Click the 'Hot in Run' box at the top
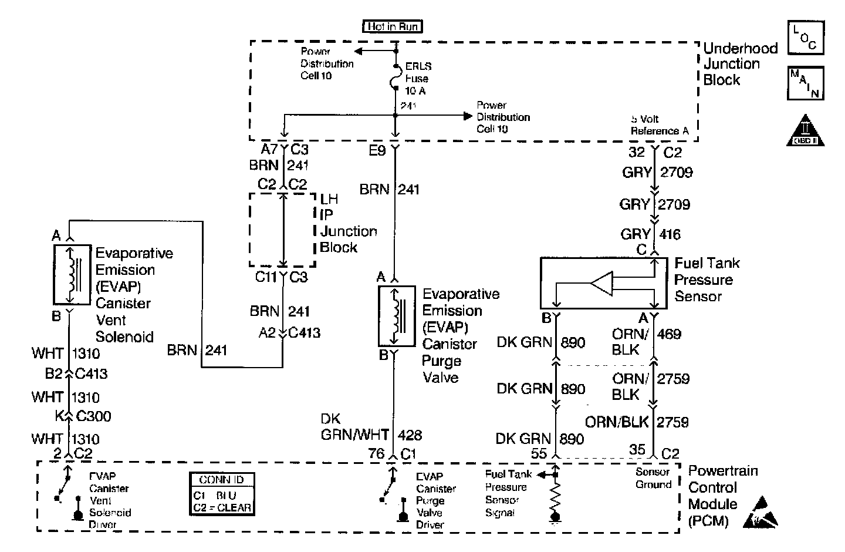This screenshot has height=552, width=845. [x=393, y=26]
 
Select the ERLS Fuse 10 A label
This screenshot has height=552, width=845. [x=417, y=79]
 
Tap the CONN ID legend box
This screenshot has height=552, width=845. [x=221, y=494]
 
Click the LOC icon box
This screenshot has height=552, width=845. [x=806, y=38]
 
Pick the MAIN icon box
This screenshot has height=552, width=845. [x=805, y=83]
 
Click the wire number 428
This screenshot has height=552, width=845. [x=410, y=435]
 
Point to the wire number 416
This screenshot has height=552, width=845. [x=670, y=234]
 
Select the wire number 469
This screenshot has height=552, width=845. [x=669, y=334]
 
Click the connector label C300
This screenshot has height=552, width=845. [x=94, y=416]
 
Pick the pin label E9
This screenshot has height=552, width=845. [x=377, y=151]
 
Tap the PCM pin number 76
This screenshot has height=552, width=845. [x=376, y=453]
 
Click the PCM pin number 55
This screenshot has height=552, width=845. [x=539, y=453]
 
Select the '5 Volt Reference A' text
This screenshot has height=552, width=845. [x=659, y=125]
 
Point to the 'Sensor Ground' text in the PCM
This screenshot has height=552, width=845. [x=653, y=478]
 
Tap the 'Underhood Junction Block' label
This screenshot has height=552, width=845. [x=740, y=64]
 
